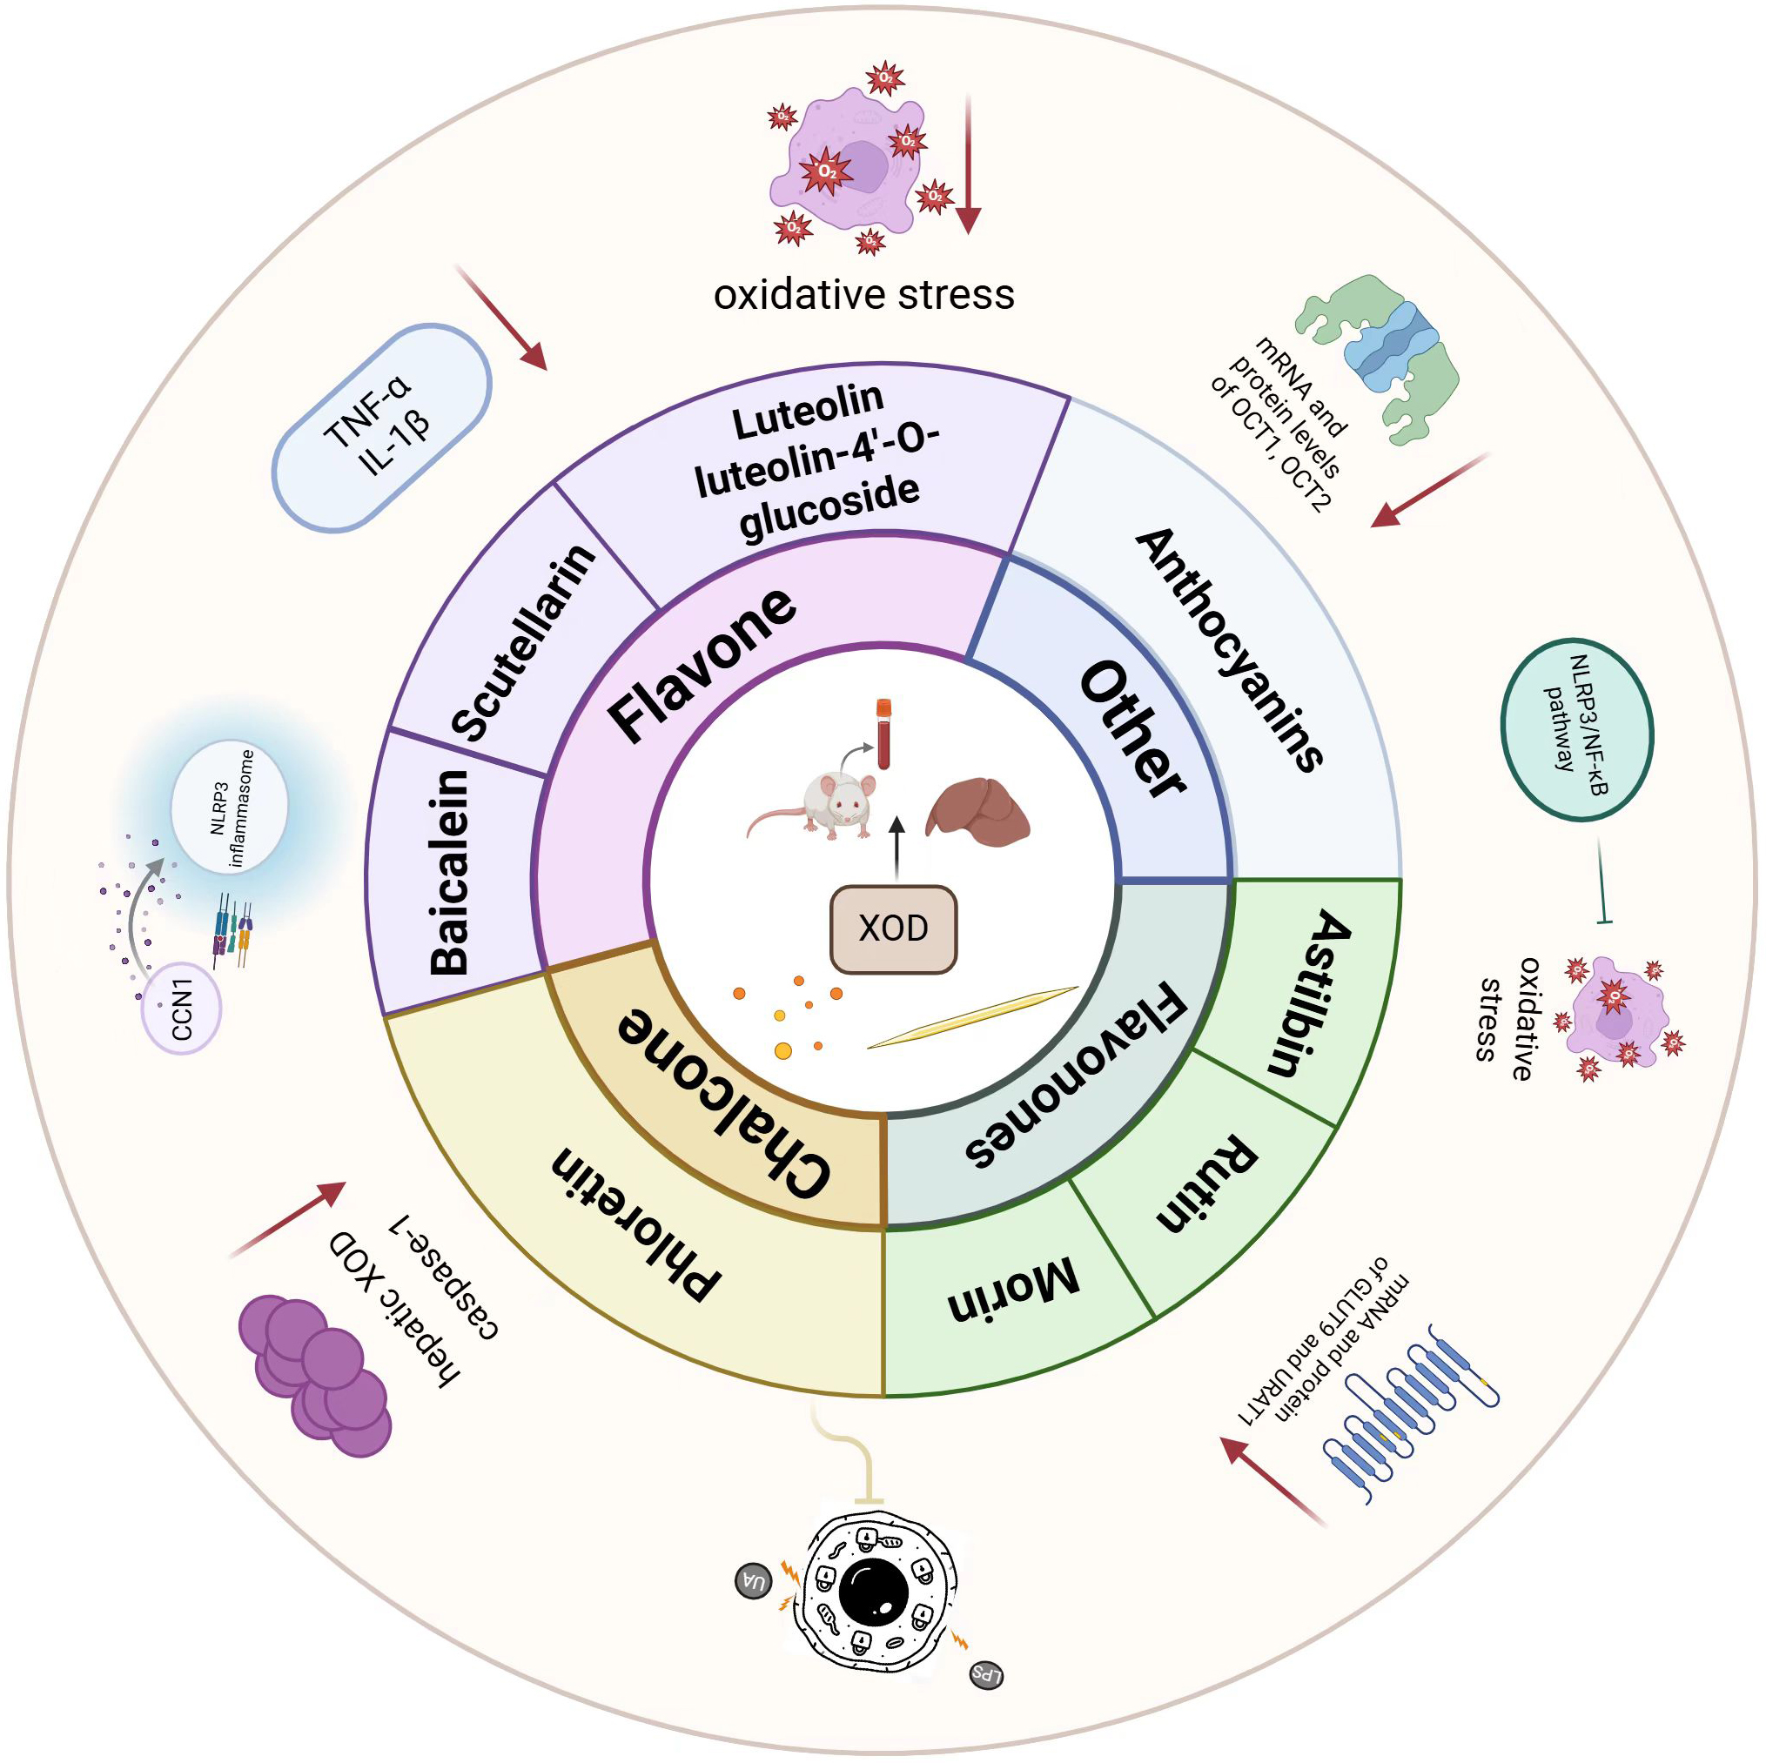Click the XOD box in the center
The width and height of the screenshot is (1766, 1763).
tap(893, 928)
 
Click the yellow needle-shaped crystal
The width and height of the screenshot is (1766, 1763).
tap(972, 1017)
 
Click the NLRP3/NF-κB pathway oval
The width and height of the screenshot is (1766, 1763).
tap(1576, 729)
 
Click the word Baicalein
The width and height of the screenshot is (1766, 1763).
tap(450, 872)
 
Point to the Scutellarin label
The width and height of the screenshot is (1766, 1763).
tap(523, 642)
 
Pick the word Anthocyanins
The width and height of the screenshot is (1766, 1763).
tap(1230, 650)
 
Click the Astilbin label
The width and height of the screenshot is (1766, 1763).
tap(1310, 993)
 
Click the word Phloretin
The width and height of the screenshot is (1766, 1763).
tap(635, 1222)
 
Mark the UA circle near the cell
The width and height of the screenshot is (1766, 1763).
tap(754, 1581)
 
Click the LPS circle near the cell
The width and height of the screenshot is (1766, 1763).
tap(986, 1674)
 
